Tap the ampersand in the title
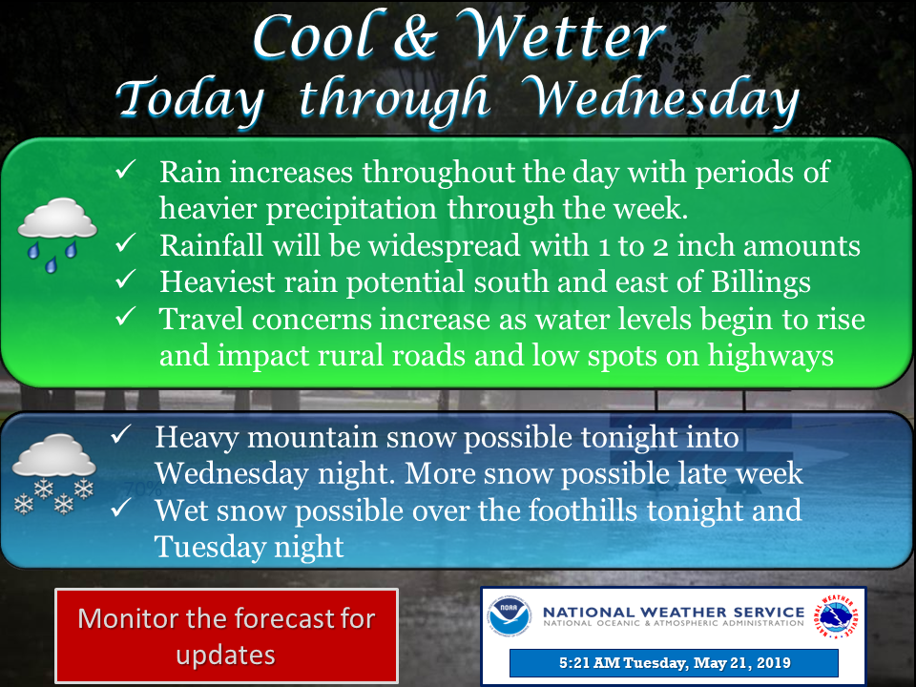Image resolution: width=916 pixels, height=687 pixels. (416, 38)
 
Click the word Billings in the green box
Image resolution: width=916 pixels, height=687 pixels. (760, 282)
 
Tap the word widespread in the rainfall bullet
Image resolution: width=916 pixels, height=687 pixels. (444, 246)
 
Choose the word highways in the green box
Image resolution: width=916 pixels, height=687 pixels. (771, 356)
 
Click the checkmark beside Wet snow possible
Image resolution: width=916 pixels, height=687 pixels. (121, 507)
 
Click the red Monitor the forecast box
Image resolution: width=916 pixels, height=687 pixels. (227, 635)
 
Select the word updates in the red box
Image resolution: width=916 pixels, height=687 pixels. (225, 656)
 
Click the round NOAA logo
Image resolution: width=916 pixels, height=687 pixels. (510, 615)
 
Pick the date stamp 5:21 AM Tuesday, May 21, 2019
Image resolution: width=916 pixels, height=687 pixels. (675, 663)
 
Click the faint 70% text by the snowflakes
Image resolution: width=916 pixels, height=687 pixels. (142, 489)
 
